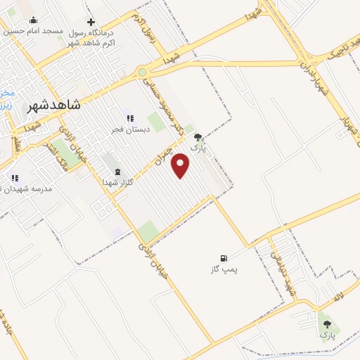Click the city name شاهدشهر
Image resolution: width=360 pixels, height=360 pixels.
pyautogui.click(x=53, y=105)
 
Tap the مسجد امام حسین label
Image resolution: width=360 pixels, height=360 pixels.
pyautogui.click(x=32, y=31)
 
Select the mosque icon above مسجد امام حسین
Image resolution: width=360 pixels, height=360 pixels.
pyautogui.click(x=33, y=20)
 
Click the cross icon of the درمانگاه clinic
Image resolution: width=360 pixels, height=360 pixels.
pyautogui.click(x=91, y=22)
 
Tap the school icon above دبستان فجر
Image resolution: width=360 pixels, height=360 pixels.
pyautogui.click(x=129, y=118)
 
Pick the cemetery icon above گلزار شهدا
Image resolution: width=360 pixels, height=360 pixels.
pyautogui.click(x=117, y=172)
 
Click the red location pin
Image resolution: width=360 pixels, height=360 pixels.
pyautogui.click(x=181, y=165)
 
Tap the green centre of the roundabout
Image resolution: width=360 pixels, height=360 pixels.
pyautogui.click(x=143, y=72)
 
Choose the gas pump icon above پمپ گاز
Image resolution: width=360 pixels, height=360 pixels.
pyautogui.click(x=224, y=258)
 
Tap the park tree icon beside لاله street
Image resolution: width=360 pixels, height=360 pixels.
pyautogui.click(x=325, y=323)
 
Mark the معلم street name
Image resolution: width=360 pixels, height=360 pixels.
pyautogui.click(x=17, y=143)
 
